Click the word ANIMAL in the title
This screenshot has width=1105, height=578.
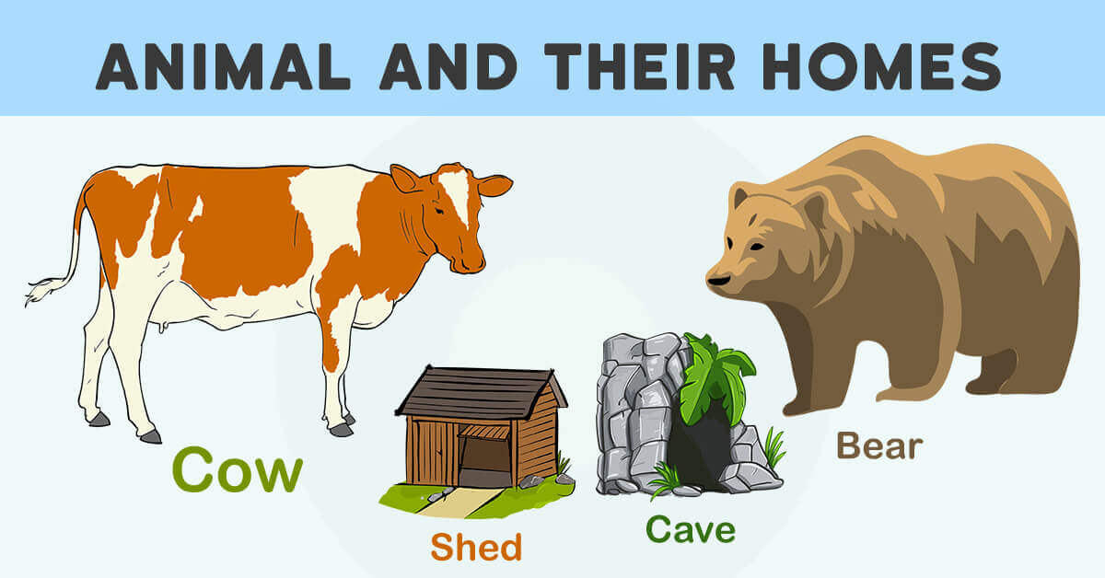point(223,66)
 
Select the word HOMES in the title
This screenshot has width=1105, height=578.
point(881,66)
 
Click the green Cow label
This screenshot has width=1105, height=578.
point(238,469)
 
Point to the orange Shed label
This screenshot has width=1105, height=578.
point(476,547)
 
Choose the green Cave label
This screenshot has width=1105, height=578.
point(691,529)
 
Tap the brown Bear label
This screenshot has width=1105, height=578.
point(879,445)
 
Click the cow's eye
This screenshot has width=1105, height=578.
point(438,211)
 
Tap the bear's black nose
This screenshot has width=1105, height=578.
point(718,281)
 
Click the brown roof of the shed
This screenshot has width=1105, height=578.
point(481,392)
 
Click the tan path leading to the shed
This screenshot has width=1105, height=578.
point(459,502)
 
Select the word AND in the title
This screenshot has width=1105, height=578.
point(448,66)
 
